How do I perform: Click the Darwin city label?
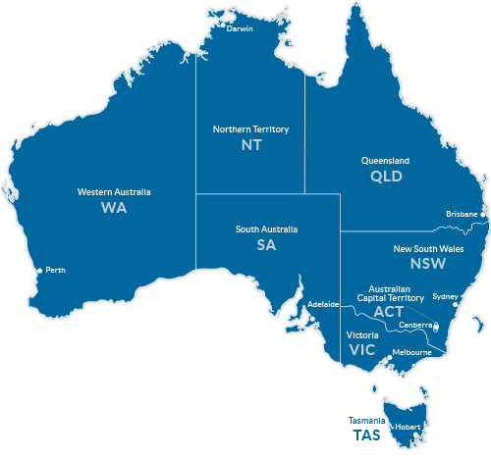point(240,28)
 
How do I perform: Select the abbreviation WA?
point(114,208)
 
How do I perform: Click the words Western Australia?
point(114,192)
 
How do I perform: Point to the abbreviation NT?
point(251,144)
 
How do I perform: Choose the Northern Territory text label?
point(251,128)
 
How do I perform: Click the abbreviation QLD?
point(386,177)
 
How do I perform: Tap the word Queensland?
point(386,161)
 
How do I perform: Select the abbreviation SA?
point(267,245)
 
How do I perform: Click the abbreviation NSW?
point(427,264)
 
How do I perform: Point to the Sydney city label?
point(445,296)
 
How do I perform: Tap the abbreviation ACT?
point(388,311)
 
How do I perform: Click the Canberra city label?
point(415,324)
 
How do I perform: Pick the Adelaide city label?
point(323,304)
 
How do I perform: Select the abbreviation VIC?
point(362,349)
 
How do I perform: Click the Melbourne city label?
point(411,352)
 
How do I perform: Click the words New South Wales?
point(427,248)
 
